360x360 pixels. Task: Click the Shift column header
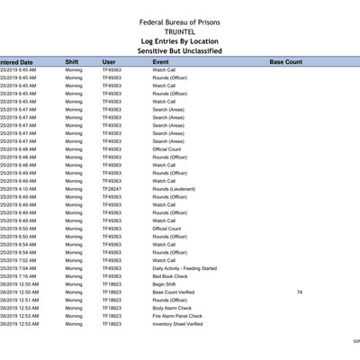pyautogui.click(x=72, y=62)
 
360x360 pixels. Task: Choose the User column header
pyautogui.click(x=110, y=62)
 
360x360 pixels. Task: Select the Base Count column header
pyautogui.click(x=285, y=62)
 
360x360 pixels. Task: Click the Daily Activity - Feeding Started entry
pyautogui.click(x=184, y=268)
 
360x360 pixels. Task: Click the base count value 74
pyautogui.click(x=299, y=292)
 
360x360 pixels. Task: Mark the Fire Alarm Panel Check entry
pyautogui.click(x=176, y=316)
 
